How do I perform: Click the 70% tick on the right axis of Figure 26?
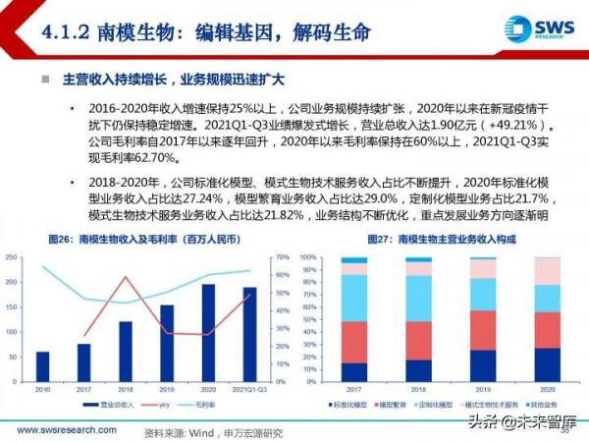click(281, 257)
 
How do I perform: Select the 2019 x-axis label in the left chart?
click(167, 389)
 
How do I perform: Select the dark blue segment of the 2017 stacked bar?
click(353, 371)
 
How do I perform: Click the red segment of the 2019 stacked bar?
click(482, 330)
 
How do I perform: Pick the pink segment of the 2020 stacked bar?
click(548, 271)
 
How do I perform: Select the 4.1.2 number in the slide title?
click(66, 31)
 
